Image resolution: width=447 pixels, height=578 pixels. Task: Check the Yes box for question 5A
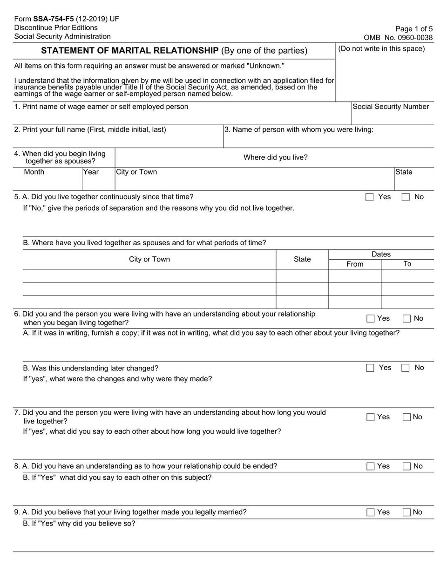tap(370, 197)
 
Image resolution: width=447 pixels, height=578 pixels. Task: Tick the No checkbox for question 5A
tap(406, 197)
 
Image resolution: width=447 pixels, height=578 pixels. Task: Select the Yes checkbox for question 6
tap(371, 319)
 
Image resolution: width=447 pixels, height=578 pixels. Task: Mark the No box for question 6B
tap(406, 368)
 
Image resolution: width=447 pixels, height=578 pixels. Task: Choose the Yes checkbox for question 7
tap(371, 417)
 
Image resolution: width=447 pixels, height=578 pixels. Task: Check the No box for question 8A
tap(406, 466)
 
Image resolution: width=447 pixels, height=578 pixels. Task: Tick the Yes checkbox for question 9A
tap(371, 512)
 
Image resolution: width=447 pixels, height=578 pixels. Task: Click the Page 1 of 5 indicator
tap(414, 29)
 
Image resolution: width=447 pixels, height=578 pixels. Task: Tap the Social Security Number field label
tap(391, 107)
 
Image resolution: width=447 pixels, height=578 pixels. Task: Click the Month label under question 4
tap(34, 172)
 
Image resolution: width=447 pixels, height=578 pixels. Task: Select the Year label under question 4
tap(91, 172)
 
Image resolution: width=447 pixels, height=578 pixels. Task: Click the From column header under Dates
tap(355, 264)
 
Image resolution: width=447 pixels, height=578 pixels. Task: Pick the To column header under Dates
tap(407, 264)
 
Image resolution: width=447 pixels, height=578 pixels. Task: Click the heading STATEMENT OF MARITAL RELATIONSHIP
tap(130, 51)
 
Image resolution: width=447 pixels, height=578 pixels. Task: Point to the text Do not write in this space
tap(381, 49)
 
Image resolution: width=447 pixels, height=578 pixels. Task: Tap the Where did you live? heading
tap(276, 157)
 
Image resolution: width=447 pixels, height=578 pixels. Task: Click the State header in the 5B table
tap(302, 259)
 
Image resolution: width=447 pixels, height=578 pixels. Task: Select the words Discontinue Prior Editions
tap(56, 28)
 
